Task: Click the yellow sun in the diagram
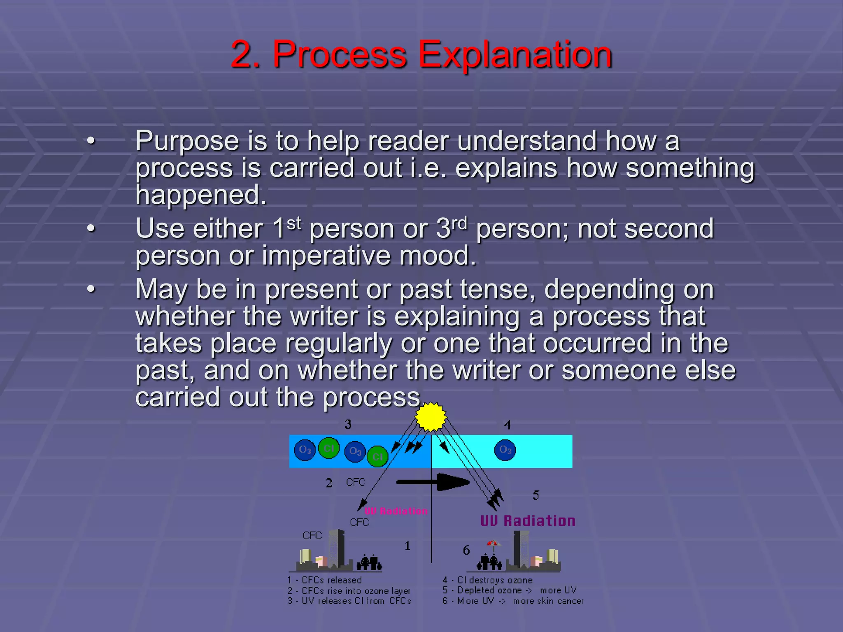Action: pyautogui.click(x=431, y=417)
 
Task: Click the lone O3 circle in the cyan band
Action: pyautogui.click(x=505, y=450)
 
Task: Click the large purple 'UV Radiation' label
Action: pyautogui.click(x=528, y=521)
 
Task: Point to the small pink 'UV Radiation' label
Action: pyautogui.click(x=396, y=511)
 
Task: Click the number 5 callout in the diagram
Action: pyautogui.click(x=536, y=495)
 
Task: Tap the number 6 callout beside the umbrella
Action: pyautogui.click(x=466, y=550)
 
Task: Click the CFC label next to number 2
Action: pyautogui.click(x=356, y=482)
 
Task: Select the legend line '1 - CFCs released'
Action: pyautogui.click(x=325, y=580)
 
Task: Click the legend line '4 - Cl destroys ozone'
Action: pyautogui.click(x=488, y=580)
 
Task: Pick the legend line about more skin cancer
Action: pyautogui.click(x=513, y=601)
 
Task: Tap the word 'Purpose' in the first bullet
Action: pyautogui.click(x=187, y=141)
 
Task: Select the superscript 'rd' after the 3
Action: pyautogui.click(x=459, y=223)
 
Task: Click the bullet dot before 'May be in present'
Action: pyautogui.click(x=91, y=289)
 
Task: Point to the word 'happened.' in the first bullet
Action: pyautogui.click(x=201, y=195)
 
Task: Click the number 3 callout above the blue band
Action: pyautogui.click(x=348, y=424)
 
